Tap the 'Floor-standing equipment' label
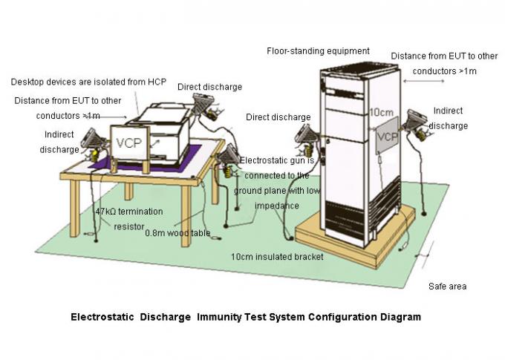[318, 51]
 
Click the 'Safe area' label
[447, 286]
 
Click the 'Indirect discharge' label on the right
[449, 119]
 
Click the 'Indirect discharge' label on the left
[59, 142]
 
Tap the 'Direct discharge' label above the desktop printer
[209, 87]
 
